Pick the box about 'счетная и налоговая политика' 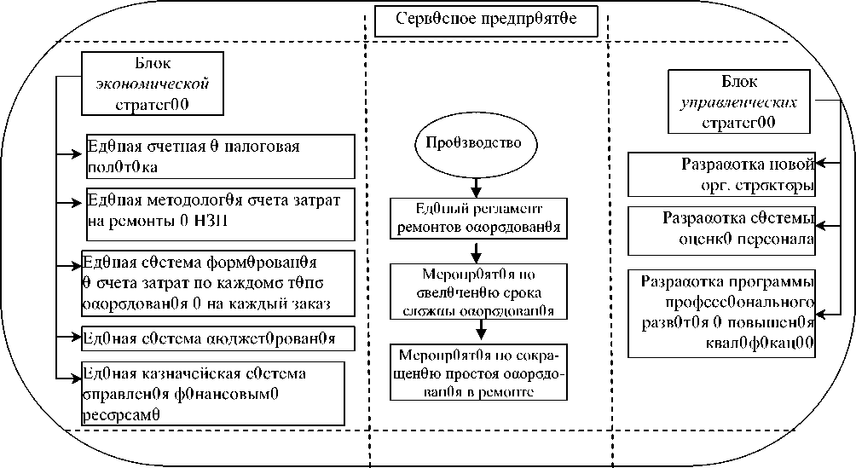[219, 154]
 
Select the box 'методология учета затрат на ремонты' [219, 212]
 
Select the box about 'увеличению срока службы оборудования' [478, 291]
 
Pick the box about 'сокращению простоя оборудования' [478, 372]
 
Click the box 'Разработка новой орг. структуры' [722, 175]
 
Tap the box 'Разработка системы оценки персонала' [722, 228]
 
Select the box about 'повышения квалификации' [722, 313]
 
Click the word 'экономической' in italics [153, 85]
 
